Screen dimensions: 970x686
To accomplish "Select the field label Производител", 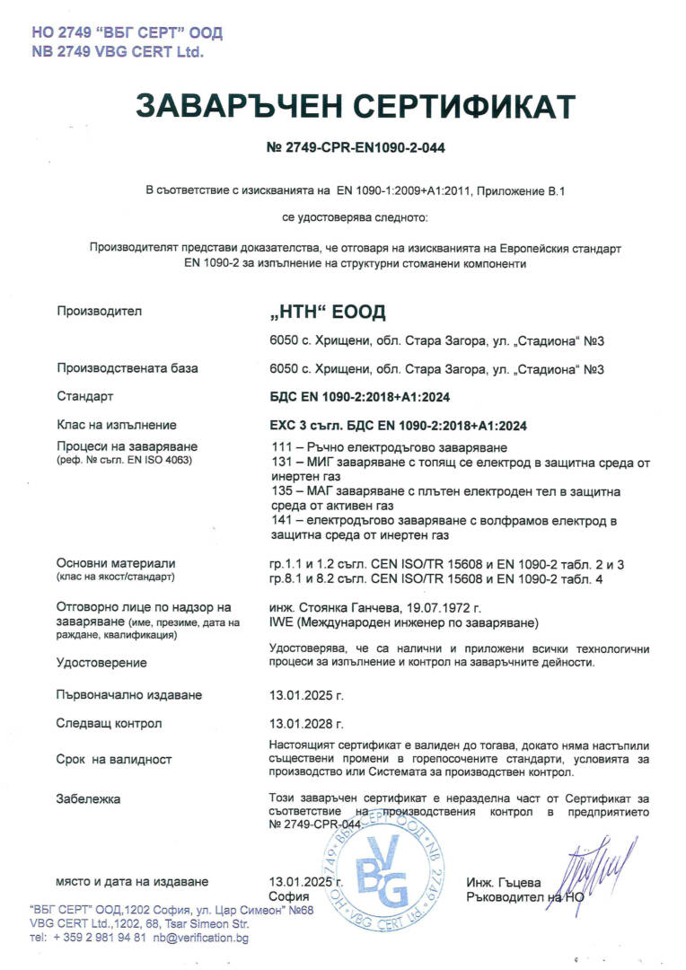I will point(100,312).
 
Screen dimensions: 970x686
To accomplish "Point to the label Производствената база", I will point(128,368).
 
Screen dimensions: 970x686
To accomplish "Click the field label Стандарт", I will point(85,396).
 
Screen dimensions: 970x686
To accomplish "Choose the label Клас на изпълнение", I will point(117,425).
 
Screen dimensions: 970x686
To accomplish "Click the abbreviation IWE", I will point(281,622).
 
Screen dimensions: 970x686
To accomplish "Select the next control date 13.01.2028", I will point(306,723).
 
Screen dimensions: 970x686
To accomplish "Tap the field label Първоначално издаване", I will point(129,695).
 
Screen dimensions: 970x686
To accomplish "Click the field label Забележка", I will point(88,798).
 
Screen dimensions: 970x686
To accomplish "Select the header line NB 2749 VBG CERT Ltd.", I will point(118,52).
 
